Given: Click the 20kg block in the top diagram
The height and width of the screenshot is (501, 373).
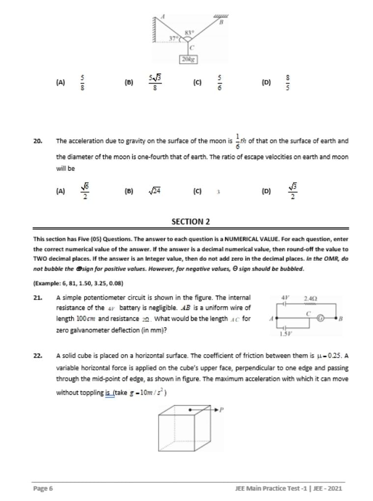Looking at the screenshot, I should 188,59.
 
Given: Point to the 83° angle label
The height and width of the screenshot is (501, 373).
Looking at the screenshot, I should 189,33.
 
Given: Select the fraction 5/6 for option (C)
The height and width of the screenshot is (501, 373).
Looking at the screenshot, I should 220,83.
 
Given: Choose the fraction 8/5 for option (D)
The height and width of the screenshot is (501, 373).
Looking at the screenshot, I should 288,83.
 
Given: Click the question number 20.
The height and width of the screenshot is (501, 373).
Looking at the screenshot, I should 38,141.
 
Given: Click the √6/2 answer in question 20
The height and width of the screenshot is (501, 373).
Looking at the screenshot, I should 84,192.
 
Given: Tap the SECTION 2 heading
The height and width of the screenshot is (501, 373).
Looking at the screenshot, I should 190,222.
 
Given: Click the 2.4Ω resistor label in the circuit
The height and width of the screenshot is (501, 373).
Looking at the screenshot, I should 311,299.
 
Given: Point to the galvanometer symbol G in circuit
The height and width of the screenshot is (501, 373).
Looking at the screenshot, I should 320,318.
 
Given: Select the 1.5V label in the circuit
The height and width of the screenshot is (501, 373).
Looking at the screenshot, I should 284,334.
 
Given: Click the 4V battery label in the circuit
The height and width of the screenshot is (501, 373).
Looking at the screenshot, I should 284,298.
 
